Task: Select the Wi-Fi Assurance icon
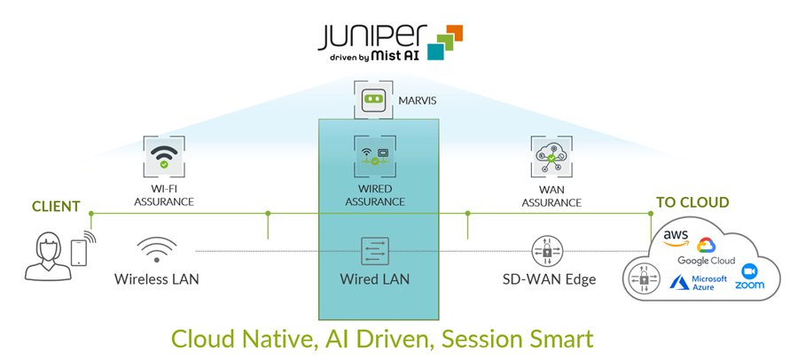[162, 158]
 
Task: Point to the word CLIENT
[56, 207]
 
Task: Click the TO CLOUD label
[692, 203]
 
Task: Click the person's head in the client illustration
[45, 247]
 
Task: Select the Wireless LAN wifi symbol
[157, 250]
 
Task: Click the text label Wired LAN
[375, 279]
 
